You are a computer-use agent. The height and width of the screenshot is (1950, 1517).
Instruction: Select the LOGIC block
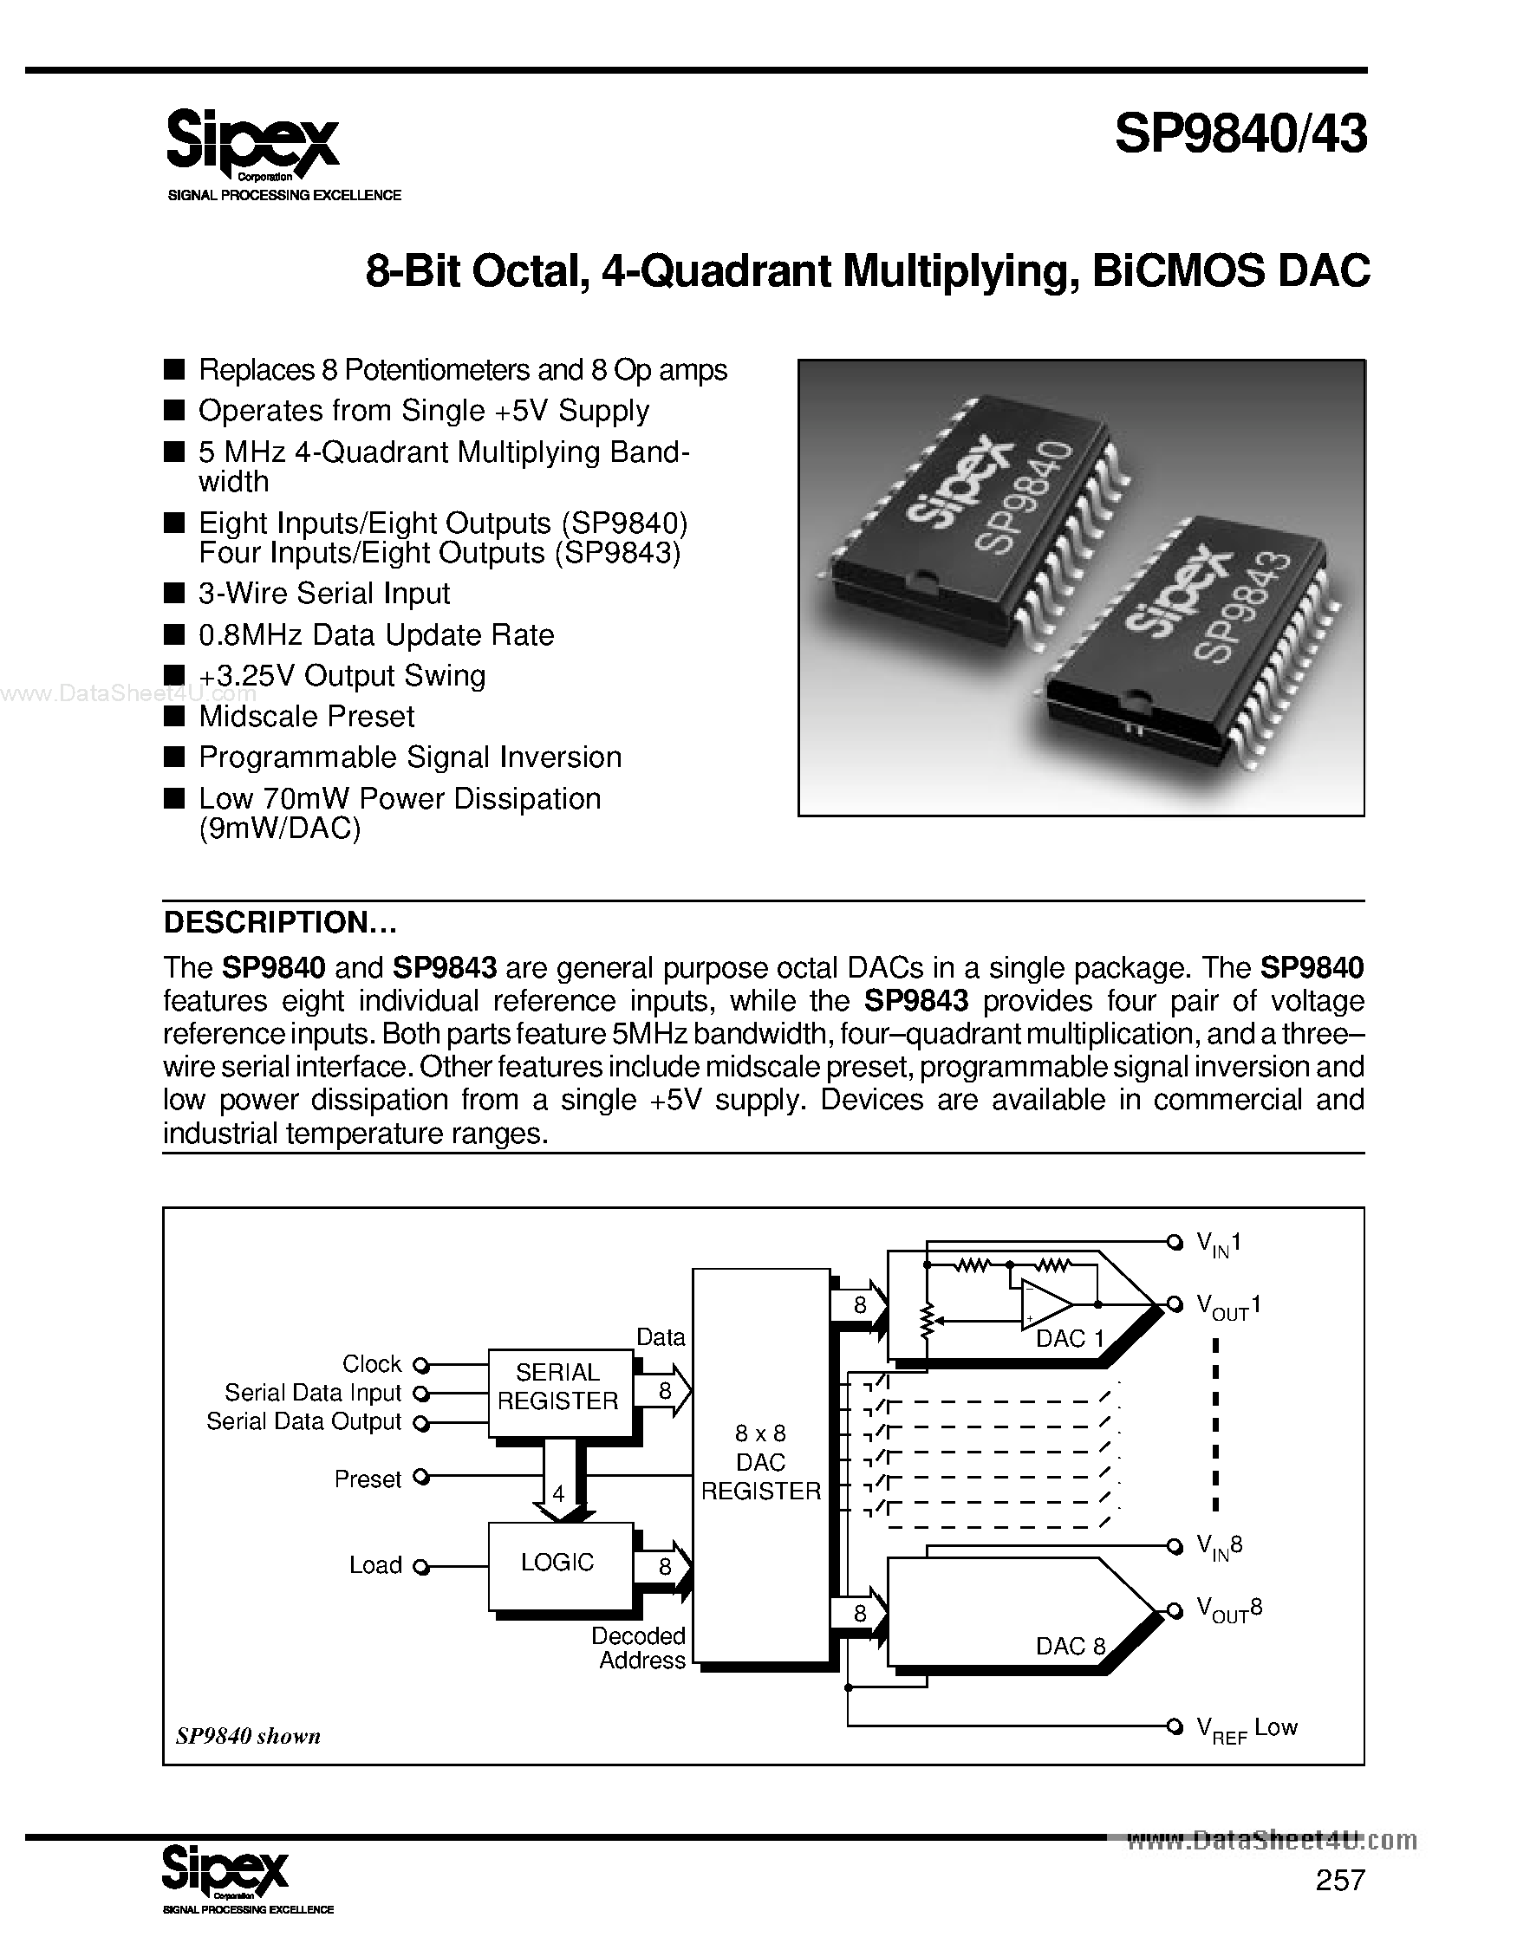pyautogui.click(x=559, y=1562)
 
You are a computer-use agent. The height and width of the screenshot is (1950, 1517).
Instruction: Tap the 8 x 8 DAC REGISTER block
pyautogui.click(x=761, y=1465)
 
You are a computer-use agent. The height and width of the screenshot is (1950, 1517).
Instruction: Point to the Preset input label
pyautogui.click(x=368, y=1479)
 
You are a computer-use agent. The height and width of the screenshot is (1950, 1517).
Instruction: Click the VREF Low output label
pyautogui.click(x=1247, y=1730)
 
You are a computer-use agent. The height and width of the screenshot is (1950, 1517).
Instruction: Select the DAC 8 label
pyautogui.click(x=1070, y=1646)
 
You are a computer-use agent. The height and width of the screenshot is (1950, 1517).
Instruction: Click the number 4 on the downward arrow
pyautogui.click(x=559, y=1493)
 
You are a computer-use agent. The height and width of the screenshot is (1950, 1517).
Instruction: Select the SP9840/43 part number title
pyautogui.click(x=1240, y=135)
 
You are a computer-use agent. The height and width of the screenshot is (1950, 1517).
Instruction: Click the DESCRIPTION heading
pyautogui.click(x=279, y=922)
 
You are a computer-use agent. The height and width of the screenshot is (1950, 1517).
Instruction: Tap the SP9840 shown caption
pyautogui.click(x=248, y=1736)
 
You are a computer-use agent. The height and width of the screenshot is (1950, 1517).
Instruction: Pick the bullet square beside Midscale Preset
pyautogui.click(x=175, y=716)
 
